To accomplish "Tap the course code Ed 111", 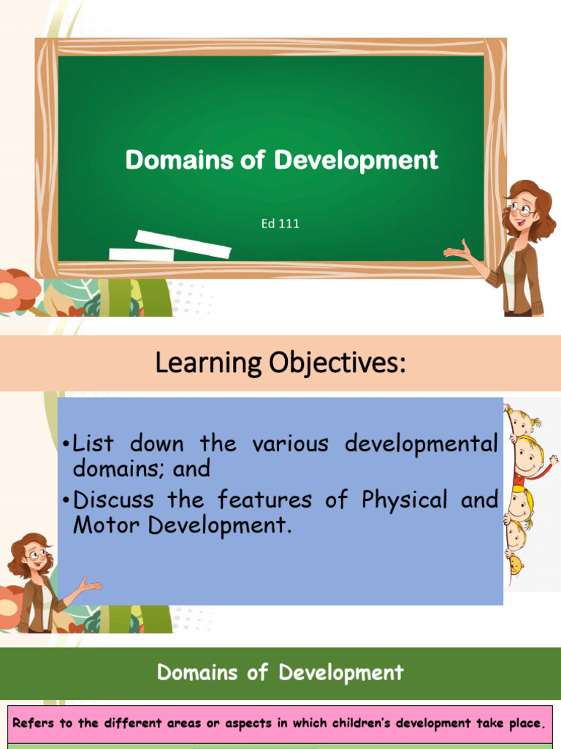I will (280, 224).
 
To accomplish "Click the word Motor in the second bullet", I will (100, 525).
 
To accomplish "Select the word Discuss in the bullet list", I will (114, 501).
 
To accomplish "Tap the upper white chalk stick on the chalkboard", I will (183, 243).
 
